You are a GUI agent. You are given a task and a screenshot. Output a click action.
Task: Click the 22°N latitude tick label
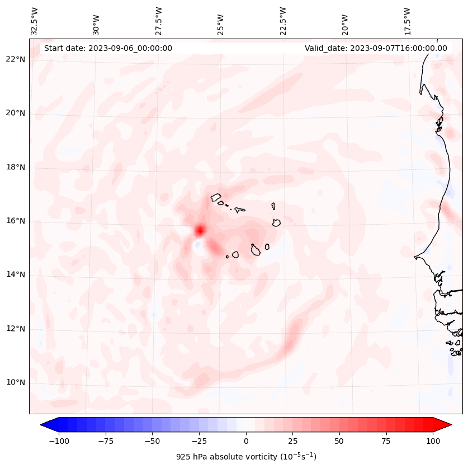16,60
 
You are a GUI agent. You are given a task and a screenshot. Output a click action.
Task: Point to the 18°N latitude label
16,167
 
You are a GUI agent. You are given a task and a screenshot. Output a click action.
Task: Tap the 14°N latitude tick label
16,274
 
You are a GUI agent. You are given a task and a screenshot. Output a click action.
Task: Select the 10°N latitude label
16,382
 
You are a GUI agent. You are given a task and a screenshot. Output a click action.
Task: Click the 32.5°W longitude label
35,21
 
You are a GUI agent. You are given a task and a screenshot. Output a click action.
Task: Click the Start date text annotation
108,48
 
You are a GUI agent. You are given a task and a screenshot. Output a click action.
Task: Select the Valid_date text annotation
376,48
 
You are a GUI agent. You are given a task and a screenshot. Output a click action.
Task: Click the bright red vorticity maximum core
200,230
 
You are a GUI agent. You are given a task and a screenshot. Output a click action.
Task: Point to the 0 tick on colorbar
246,441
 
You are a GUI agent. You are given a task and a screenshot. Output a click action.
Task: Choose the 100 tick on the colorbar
433,441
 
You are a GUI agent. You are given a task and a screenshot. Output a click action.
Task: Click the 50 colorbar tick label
339,441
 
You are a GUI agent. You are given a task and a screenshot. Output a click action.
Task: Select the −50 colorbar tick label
153,441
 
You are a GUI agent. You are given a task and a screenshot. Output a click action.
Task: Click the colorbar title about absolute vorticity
246,457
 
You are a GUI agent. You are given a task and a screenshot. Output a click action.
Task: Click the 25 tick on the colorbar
292,441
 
